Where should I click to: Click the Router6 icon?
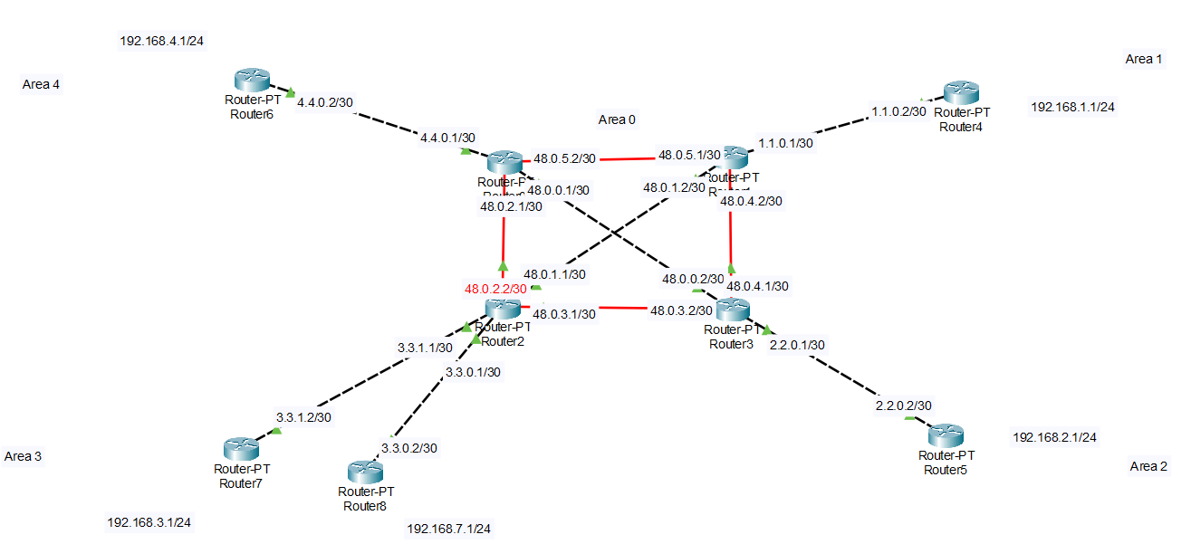click(x=247, y=81)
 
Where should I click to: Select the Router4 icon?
click(x=961, y=92)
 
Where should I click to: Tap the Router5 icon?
click(x=947, y=435)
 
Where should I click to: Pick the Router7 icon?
click(x=242, y=448)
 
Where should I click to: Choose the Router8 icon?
click(x=365, y=472)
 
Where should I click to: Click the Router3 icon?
click(x=734, y=310)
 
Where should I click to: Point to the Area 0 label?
click(x=617, y=119)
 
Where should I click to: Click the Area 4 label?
click(x=41, y=84)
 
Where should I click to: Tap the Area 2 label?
click(x=1148, y=466)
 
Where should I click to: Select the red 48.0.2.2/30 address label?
click(x=495, y=289)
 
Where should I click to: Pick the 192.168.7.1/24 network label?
click(x=449, y=529)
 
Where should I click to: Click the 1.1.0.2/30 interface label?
click(x=898, y=111)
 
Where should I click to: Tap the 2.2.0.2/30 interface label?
click(x=903, y=406)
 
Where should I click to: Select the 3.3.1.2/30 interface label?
click(x=304, y=418)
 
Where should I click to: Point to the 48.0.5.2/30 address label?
click(x=564, y=158)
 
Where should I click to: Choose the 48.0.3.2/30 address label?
click(x=681, y=310)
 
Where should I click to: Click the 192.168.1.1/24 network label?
click(x=1072, y=107)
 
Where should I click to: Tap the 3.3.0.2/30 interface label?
click(x=409, y=448)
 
